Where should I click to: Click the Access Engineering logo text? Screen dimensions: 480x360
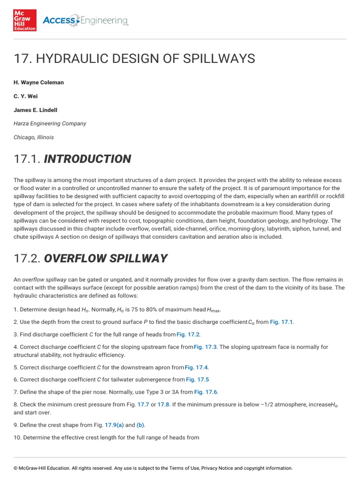[x=85, y=20]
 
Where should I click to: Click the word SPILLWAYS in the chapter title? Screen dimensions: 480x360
[x=219, y=59]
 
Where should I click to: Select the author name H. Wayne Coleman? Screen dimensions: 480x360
[x=38, y=82]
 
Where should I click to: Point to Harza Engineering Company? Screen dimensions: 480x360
[x=50, y=124]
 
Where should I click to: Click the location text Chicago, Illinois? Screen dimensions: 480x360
[x=33, y=137]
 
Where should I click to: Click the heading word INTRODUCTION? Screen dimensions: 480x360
[x=87, y=159]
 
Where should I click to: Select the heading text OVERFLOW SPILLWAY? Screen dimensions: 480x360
[x=105, y=258]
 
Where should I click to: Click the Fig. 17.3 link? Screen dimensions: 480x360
[x=205, y=347]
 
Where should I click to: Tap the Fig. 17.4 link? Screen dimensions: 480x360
[x=196, y=367]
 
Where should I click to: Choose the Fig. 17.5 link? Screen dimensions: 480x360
[x=197, y=379]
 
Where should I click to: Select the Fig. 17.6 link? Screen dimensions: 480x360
[x=206, y=392]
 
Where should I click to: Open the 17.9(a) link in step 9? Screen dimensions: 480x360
[x=114, y=425]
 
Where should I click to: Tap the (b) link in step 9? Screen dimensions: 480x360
[x=141, y=425]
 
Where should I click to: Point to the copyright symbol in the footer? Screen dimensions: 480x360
[x=15, y=468]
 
